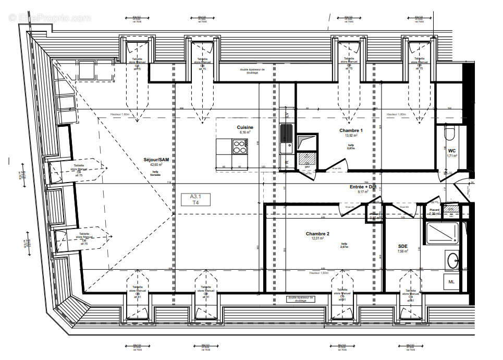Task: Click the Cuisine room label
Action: [245, 127]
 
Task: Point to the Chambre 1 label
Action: [350, 130]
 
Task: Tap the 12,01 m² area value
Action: [317, 238]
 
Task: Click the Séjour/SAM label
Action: [156, 160]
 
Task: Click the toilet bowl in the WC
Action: [450, 135]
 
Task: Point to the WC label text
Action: [451, 150]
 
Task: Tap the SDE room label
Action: [402, 246]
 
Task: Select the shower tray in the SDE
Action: [442, 233]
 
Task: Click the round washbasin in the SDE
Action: [452, 259]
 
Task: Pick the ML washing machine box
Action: [451, 282]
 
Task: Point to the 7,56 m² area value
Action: [402, 251]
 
